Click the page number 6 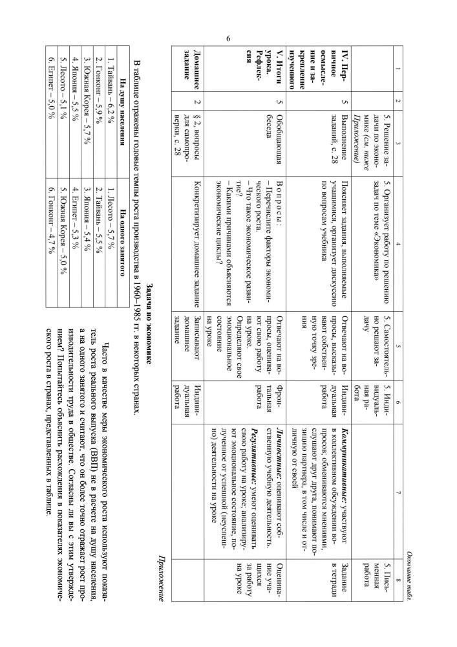click(229, 39)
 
